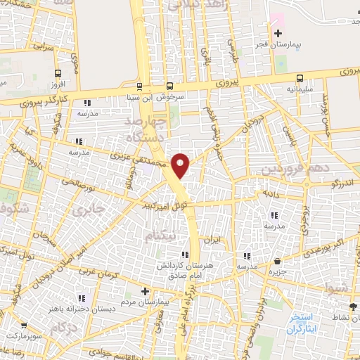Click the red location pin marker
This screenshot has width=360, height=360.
(181, 165)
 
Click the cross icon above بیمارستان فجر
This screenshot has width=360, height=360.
(278, 33)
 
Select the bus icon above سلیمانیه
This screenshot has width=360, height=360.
(300, 78)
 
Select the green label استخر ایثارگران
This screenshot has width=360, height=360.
(304, 323)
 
